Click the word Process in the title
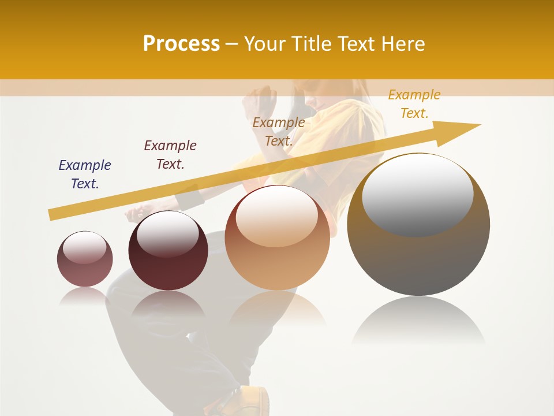point(181,44)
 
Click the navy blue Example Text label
point(85,174)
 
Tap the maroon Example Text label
point(170,155)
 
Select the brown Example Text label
point(279,131)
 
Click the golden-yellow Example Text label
point(414,104)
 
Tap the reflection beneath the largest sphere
point(418,321)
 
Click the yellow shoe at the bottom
point(254,401)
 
